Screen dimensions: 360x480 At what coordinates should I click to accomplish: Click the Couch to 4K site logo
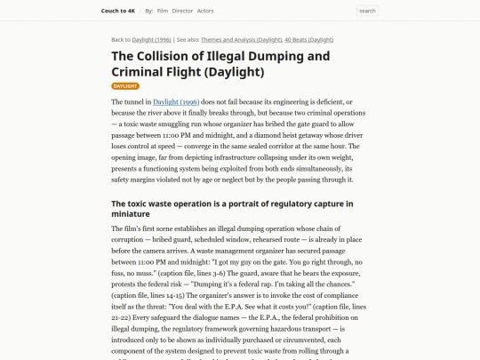click(x=118, y=11)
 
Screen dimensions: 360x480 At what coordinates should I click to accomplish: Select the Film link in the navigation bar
click(x=162, y=11)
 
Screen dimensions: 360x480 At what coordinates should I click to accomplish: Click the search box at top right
click(x=367, y=11)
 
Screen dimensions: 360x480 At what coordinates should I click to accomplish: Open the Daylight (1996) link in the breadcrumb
click(x=152, y=40)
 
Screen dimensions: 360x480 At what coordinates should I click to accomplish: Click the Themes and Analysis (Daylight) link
click(x=242, y=40)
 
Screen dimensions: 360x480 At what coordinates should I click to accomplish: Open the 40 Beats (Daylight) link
click(x=309, y=40)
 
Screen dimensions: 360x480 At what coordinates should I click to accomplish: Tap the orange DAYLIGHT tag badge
click(x=125, y=86)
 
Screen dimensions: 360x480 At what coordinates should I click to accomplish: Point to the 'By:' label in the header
click(x=149, y=11)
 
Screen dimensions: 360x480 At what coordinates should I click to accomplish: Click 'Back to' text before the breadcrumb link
click(x=121, y=40)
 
